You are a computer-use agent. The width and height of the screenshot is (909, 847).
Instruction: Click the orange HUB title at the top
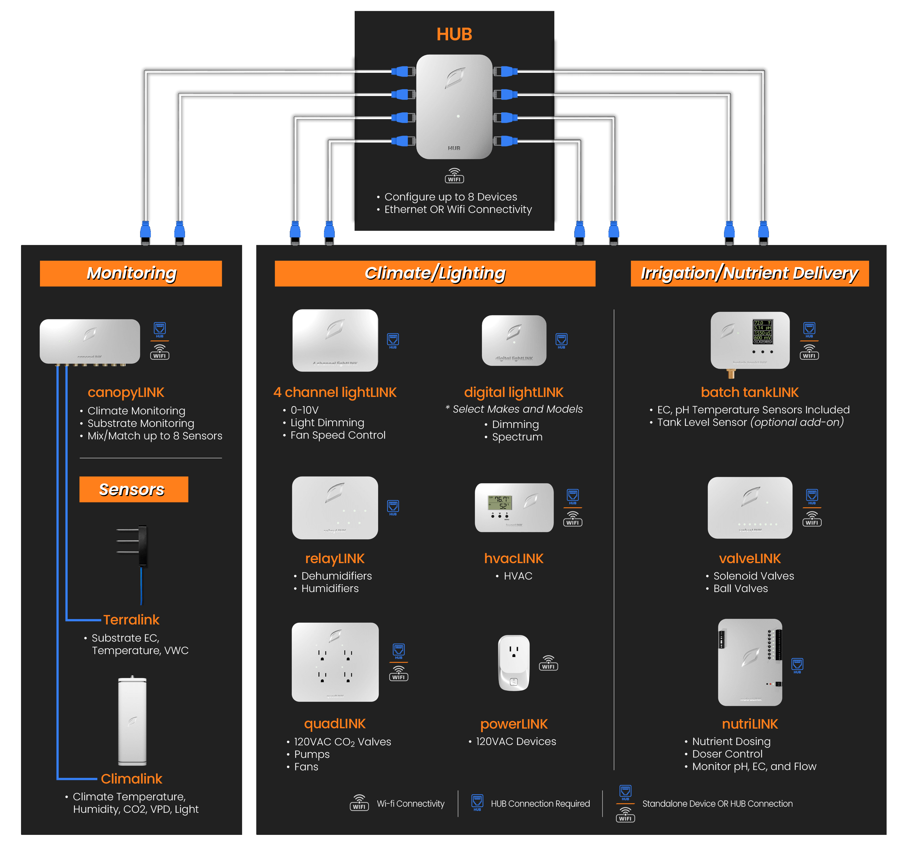[x=454, y=34]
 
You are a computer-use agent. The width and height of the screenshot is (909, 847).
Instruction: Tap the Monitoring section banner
[x=131, y=274]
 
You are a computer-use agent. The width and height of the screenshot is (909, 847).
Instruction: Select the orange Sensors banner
[x=134, y=489]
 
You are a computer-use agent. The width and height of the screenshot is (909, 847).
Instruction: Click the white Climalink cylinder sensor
[x=132, y=720]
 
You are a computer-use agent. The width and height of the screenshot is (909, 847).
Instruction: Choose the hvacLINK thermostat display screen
[x=500, y=502]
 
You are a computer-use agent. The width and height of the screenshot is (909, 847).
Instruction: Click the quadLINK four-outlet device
[x=335, y=662]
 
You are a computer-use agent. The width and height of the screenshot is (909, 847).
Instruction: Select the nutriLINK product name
[x=750, y=724]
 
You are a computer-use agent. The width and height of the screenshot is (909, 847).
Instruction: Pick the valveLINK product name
[x=750, y=558]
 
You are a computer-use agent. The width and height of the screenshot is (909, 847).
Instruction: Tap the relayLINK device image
[x=335, y=507]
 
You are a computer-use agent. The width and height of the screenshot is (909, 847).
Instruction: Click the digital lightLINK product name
[x=513, y=392]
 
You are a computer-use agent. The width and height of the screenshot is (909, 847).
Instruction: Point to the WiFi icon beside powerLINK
[x=548, y=663]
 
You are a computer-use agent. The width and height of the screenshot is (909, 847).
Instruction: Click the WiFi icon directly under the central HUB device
[x=454, y=175]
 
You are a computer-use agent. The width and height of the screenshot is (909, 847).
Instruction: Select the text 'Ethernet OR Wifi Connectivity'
[x=458, y=209]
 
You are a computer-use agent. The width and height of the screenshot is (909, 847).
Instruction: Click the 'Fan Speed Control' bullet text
[x=338, y=435]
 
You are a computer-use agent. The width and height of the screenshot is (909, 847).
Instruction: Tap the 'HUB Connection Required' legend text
[x=540, y=803]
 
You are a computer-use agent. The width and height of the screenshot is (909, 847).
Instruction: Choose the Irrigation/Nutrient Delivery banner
[x=749, y=274]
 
